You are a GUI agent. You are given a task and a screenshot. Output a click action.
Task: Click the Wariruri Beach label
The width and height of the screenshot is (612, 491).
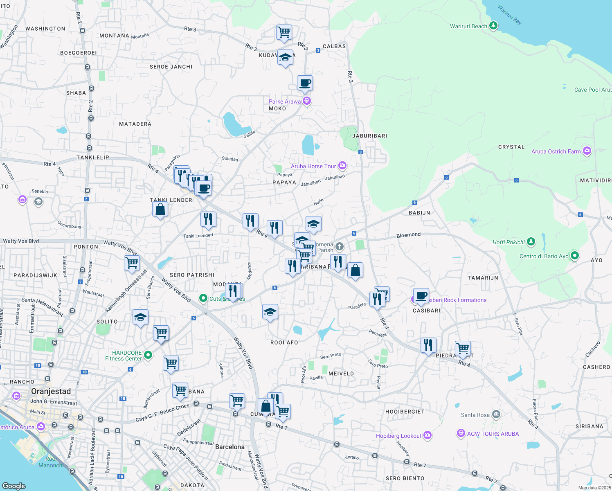[468, 27]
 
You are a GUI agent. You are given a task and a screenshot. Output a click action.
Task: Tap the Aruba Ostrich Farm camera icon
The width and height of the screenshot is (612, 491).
[587, 151]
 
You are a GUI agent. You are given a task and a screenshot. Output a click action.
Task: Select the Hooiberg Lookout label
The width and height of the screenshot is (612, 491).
[398, 436]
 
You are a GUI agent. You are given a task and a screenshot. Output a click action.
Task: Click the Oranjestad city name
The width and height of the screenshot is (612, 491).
[51, 392]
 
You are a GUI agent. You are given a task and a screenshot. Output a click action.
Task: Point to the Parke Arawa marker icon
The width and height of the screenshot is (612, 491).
[307, 101]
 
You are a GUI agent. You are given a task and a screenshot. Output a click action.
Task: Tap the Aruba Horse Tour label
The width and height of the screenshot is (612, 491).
[313, 166]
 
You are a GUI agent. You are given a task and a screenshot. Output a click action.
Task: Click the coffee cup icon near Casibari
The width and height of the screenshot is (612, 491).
[421, 295]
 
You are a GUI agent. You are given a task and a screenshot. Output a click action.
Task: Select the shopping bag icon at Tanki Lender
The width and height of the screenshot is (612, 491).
[160, 209]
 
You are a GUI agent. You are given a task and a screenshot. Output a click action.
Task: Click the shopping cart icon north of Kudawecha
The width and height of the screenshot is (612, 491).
[284, 32]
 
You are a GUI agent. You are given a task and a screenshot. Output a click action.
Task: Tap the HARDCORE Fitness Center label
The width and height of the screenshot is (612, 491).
[124, 356]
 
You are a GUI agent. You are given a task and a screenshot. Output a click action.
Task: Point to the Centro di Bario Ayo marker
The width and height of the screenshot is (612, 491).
[575, 256]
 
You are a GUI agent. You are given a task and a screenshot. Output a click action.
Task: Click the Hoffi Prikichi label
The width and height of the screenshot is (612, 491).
[509, 242]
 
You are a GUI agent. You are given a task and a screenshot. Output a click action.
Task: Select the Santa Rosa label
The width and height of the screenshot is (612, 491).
[475, 415]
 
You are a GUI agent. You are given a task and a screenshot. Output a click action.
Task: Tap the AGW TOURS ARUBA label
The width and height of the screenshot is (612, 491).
[493, 434]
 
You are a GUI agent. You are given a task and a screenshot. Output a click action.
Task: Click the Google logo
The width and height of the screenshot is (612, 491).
[13, 486]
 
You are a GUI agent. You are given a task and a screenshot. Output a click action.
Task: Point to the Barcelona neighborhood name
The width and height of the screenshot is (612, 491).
[229, 447]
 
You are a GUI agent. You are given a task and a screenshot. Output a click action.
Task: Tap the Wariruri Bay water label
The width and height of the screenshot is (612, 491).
[509, 14]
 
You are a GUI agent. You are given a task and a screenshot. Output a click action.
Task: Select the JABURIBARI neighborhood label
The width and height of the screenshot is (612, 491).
[369, 136]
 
